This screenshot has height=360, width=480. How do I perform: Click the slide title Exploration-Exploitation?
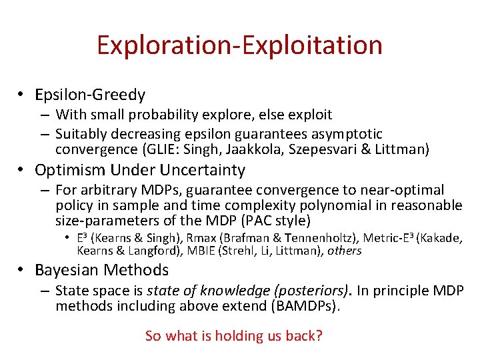[239, 45]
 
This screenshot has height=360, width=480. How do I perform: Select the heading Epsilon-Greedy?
[90, 95]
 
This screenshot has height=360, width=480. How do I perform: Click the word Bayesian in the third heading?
[67, 270]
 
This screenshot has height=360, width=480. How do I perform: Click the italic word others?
[345, 251]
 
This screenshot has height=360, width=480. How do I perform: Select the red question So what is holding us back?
[234, 335]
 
